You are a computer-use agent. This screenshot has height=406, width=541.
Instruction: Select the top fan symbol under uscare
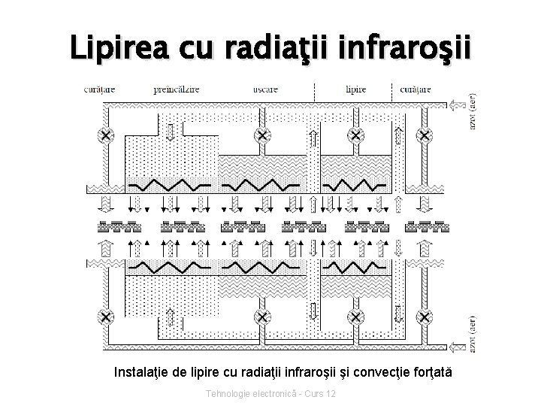coord(262,136)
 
